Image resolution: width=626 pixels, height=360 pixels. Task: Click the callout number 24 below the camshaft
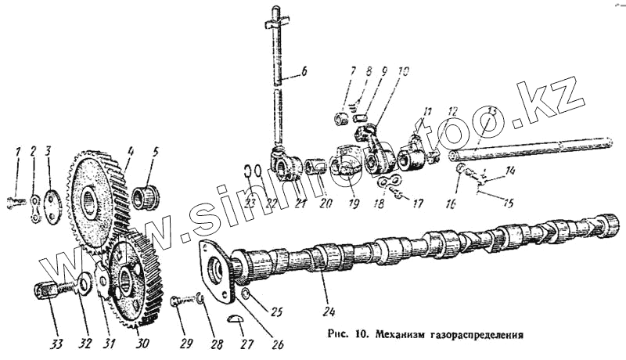click(x=326, y=297)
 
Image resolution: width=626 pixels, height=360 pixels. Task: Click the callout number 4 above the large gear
click(x=131, y=150)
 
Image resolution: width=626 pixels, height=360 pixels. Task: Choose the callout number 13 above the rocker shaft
click(x=492, y=110)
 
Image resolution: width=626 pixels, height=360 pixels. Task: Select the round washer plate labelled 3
click(x=52, y=207)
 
